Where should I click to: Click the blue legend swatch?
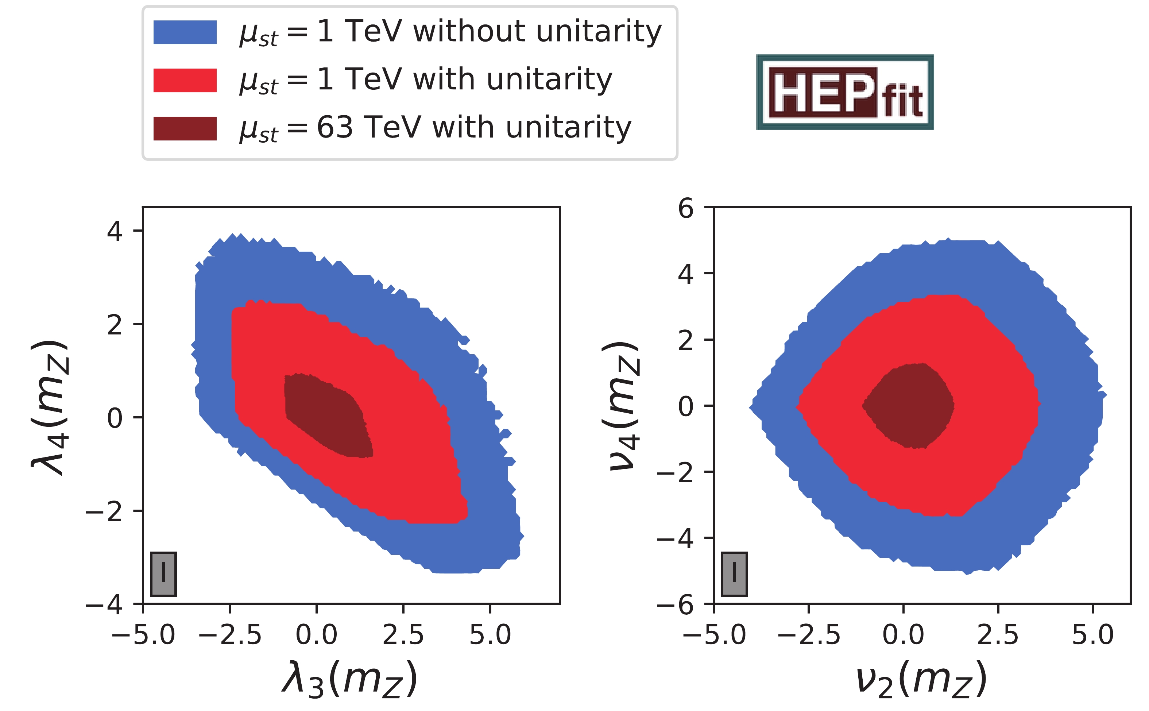185,32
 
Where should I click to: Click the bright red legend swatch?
185,80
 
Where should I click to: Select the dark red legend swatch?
185,128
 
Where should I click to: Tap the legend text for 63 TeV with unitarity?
435,128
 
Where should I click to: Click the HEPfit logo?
844,92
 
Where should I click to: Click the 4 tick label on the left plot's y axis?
115,231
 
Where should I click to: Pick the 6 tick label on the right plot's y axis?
685,208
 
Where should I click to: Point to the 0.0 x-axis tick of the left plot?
316,634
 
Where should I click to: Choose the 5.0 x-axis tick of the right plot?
1092,634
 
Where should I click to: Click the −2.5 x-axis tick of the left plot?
230,634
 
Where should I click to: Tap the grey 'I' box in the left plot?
163,574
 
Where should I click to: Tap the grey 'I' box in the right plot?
734,574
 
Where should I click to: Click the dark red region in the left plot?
327,416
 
